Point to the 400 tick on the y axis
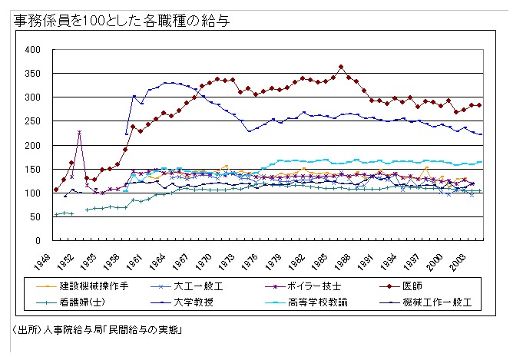tap(32, 50)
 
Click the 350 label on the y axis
tap(32, 74)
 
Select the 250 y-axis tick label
tap(32, 121)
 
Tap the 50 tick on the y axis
tap(35, 216)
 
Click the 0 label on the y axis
tap(38, 240)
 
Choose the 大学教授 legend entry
tap(201, 302)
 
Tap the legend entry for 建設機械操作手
tap(94, 285)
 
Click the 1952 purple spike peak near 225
tap(79, 132)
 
